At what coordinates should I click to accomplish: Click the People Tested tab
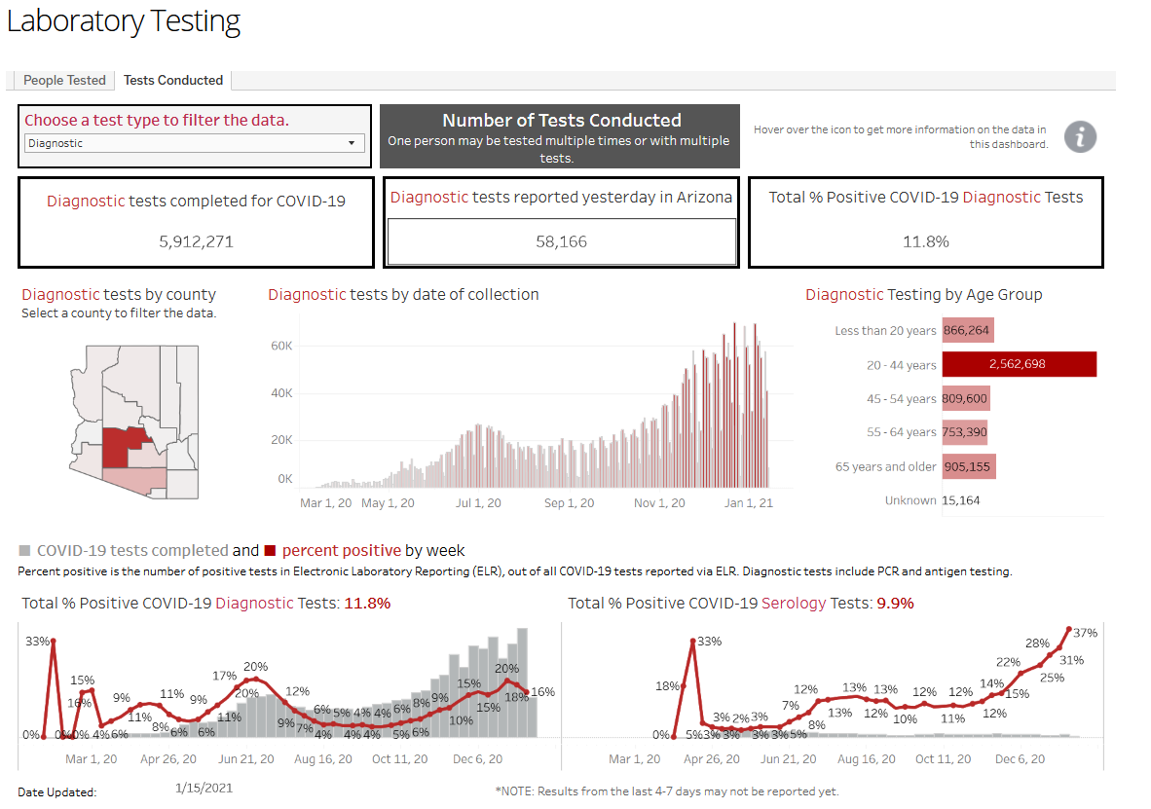(64, 80)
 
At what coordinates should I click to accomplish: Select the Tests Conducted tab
(173, 80)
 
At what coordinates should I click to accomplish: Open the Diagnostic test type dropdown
(195, 143)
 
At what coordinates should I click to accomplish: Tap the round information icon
(1081, 136)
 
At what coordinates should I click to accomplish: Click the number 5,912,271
(196, 241)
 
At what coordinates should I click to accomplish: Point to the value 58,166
(562, 241)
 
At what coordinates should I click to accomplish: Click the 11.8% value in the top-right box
(926, 241)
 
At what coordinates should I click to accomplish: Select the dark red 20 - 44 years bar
(1019, 364)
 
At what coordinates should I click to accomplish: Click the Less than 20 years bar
(968, 330)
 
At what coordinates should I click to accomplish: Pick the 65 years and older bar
(969, 467)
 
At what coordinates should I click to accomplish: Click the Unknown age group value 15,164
(961, 500)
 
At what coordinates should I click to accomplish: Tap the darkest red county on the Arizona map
(115, 447)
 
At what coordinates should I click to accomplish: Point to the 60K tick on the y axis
(281, 346)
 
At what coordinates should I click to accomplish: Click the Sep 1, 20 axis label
(569, 503)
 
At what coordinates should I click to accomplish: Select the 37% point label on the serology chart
(1085, 633)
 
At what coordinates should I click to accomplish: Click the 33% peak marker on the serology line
(693, 642)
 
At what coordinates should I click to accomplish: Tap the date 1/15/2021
(204, 788)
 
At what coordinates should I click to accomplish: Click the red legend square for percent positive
(270, 551)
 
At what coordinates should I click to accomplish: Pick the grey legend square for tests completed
(25, 551)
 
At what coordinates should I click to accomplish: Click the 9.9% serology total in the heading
(896, 604)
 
